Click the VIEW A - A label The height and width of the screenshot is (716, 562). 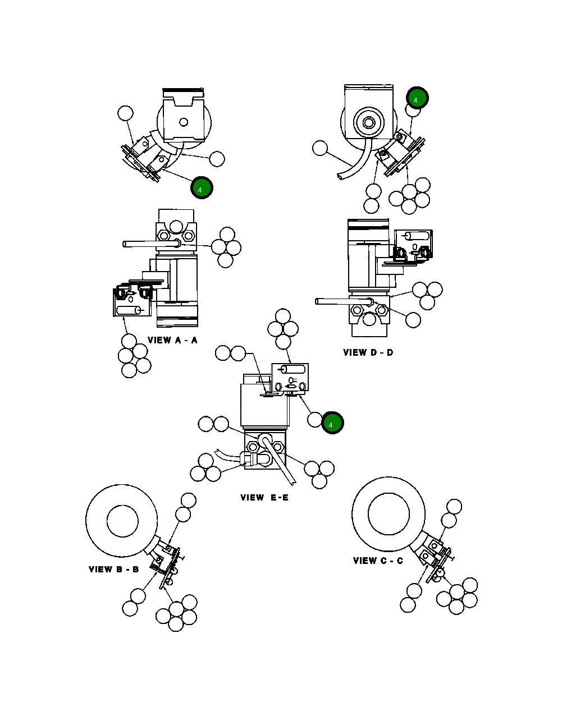(x=172, y=340)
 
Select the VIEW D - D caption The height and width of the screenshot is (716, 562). (x=368, y=352)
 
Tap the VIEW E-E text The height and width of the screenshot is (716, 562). (x=264, y=497)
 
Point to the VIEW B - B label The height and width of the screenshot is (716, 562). (x=114, y=569)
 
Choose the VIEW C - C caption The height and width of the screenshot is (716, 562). (x=378, y=561)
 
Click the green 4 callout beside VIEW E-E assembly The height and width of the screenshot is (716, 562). (x=331, y=424)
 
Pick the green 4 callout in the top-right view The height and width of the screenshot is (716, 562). (x=417, y=99)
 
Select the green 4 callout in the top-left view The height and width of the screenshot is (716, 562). (x=201, y=189)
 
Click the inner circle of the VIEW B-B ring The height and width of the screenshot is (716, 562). (x=122, y=521)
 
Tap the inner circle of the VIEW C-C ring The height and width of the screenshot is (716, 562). (x=389, y=513)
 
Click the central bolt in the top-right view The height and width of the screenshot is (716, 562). (x=368, y=122)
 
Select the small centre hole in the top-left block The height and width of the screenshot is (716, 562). (x=182, y=122)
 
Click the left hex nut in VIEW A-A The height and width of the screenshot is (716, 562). (x=163, y=236)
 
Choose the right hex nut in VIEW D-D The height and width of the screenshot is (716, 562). (x=382, y=309)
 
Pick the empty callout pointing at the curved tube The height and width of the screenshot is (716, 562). (x=319, y=148)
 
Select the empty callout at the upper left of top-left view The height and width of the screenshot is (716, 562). (x=126, y=113)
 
